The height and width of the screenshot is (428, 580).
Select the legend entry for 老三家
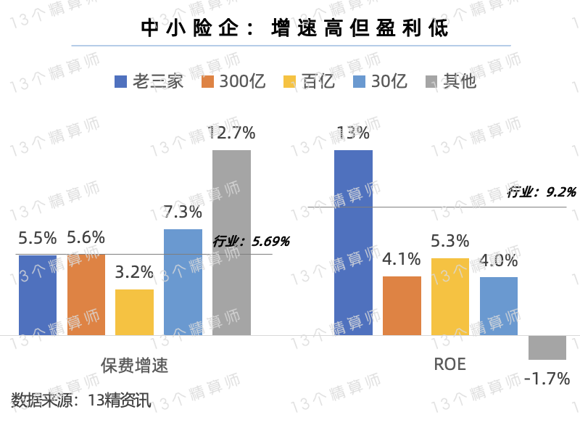pyautogui.click(x=149, y=81)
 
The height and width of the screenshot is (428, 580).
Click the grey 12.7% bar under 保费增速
pyautogui.click(x=231, y=242)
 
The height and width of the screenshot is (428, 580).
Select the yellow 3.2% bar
pyautogui.click(x=134, y=312)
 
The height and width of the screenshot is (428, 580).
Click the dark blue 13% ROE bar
pyautogui.click(x=353, y=242)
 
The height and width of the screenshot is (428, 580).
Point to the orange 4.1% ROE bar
pyautogui.click(x=402, y=305)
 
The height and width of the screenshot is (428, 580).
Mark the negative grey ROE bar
pyautogui.click(x=547, y=347)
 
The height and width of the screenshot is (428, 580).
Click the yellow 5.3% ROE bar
pyautogui.click(x=450, y=296)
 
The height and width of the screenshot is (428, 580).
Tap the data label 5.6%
pyautogui.click(x=86, y=237)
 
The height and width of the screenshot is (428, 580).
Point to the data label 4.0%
pyautogui.click(x=499, y=260)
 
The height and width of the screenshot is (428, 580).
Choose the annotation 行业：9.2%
pyautogui.click(x=541, y=192)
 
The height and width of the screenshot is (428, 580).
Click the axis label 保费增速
pyautogui.click(x=134, y=365)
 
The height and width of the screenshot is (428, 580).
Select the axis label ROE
pyautogui.click(x=449, y=365)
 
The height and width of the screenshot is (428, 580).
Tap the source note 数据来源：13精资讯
pyautogui.click(x=81, y=400)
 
